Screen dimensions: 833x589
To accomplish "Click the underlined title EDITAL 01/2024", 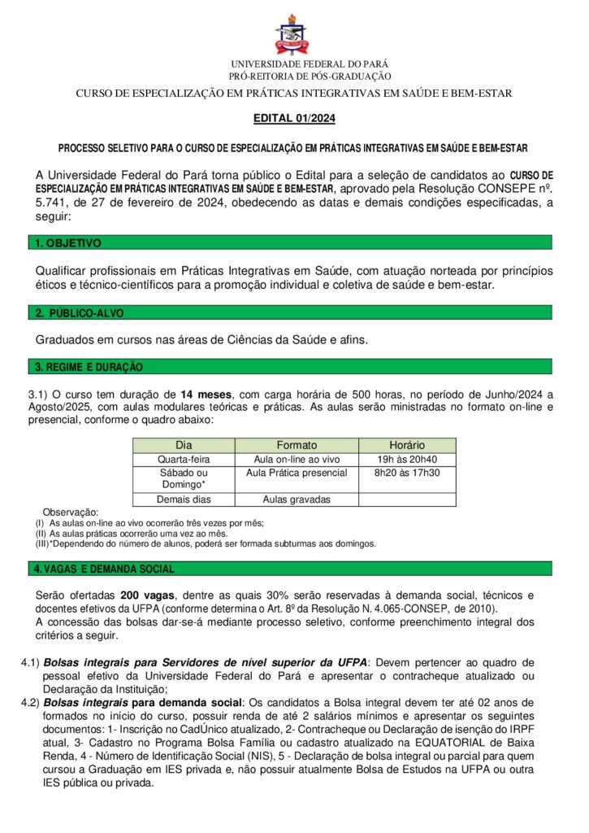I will coord(294,119).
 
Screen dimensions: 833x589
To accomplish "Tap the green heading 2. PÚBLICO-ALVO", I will coord(80,313).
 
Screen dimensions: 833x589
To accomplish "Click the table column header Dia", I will coord(184,445).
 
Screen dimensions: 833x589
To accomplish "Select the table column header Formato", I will coord(297,445).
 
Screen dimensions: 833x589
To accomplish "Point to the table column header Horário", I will coord(407,445).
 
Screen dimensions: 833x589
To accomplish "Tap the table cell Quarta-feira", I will coord(184,459).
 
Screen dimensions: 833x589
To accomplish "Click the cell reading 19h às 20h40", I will coord(407,459).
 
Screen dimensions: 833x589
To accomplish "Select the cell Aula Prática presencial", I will coord(297,473).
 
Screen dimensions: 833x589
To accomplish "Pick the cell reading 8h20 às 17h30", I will coord(407,473).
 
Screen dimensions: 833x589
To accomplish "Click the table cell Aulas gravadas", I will coord(297,499).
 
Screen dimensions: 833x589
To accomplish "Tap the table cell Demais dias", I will coord(184,499).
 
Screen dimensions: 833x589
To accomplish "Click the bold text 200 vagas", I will coord(146,595).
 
